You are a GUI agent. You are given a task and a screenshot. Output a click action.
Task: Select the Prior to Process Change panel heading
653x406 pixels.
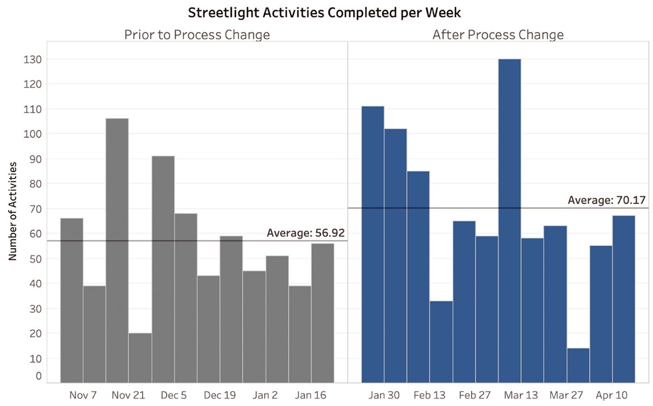click(196, 35)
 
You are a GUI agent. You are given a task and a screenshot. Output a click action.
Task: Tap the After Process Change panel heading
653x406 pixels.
click(497, 35)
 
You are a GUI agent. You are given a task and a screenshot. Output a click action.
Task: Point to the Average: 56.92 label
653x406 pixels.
click(305, 233)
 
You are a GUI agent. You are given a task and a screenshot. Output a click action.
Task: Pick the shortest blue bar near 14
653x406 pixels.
click(578, 365)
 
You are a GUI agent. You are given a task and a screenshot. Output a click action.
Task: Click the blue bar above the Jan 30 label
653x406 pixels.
click(373, 244)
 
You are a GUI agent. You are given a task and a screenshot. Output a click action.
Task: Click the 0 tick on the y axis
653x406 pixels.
click(38, 376)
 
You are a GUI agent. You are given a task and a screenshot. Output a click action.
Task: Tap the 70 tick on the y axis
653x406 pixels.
click(34, 209)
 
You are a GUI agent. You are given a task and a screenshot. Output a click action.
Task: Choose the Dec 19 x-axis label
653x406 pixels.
click(220, 395)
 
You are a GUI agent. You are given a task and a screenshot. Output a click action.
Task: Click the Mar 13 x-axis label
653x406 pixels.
click(509, 395)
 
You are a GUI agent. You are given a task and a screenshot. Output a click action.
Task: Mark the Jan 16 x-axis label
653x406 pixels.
click(311, 395)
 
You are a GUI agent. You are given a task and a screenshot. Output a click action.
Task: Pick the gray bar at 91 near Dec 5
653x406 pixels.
click(163, 269)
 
